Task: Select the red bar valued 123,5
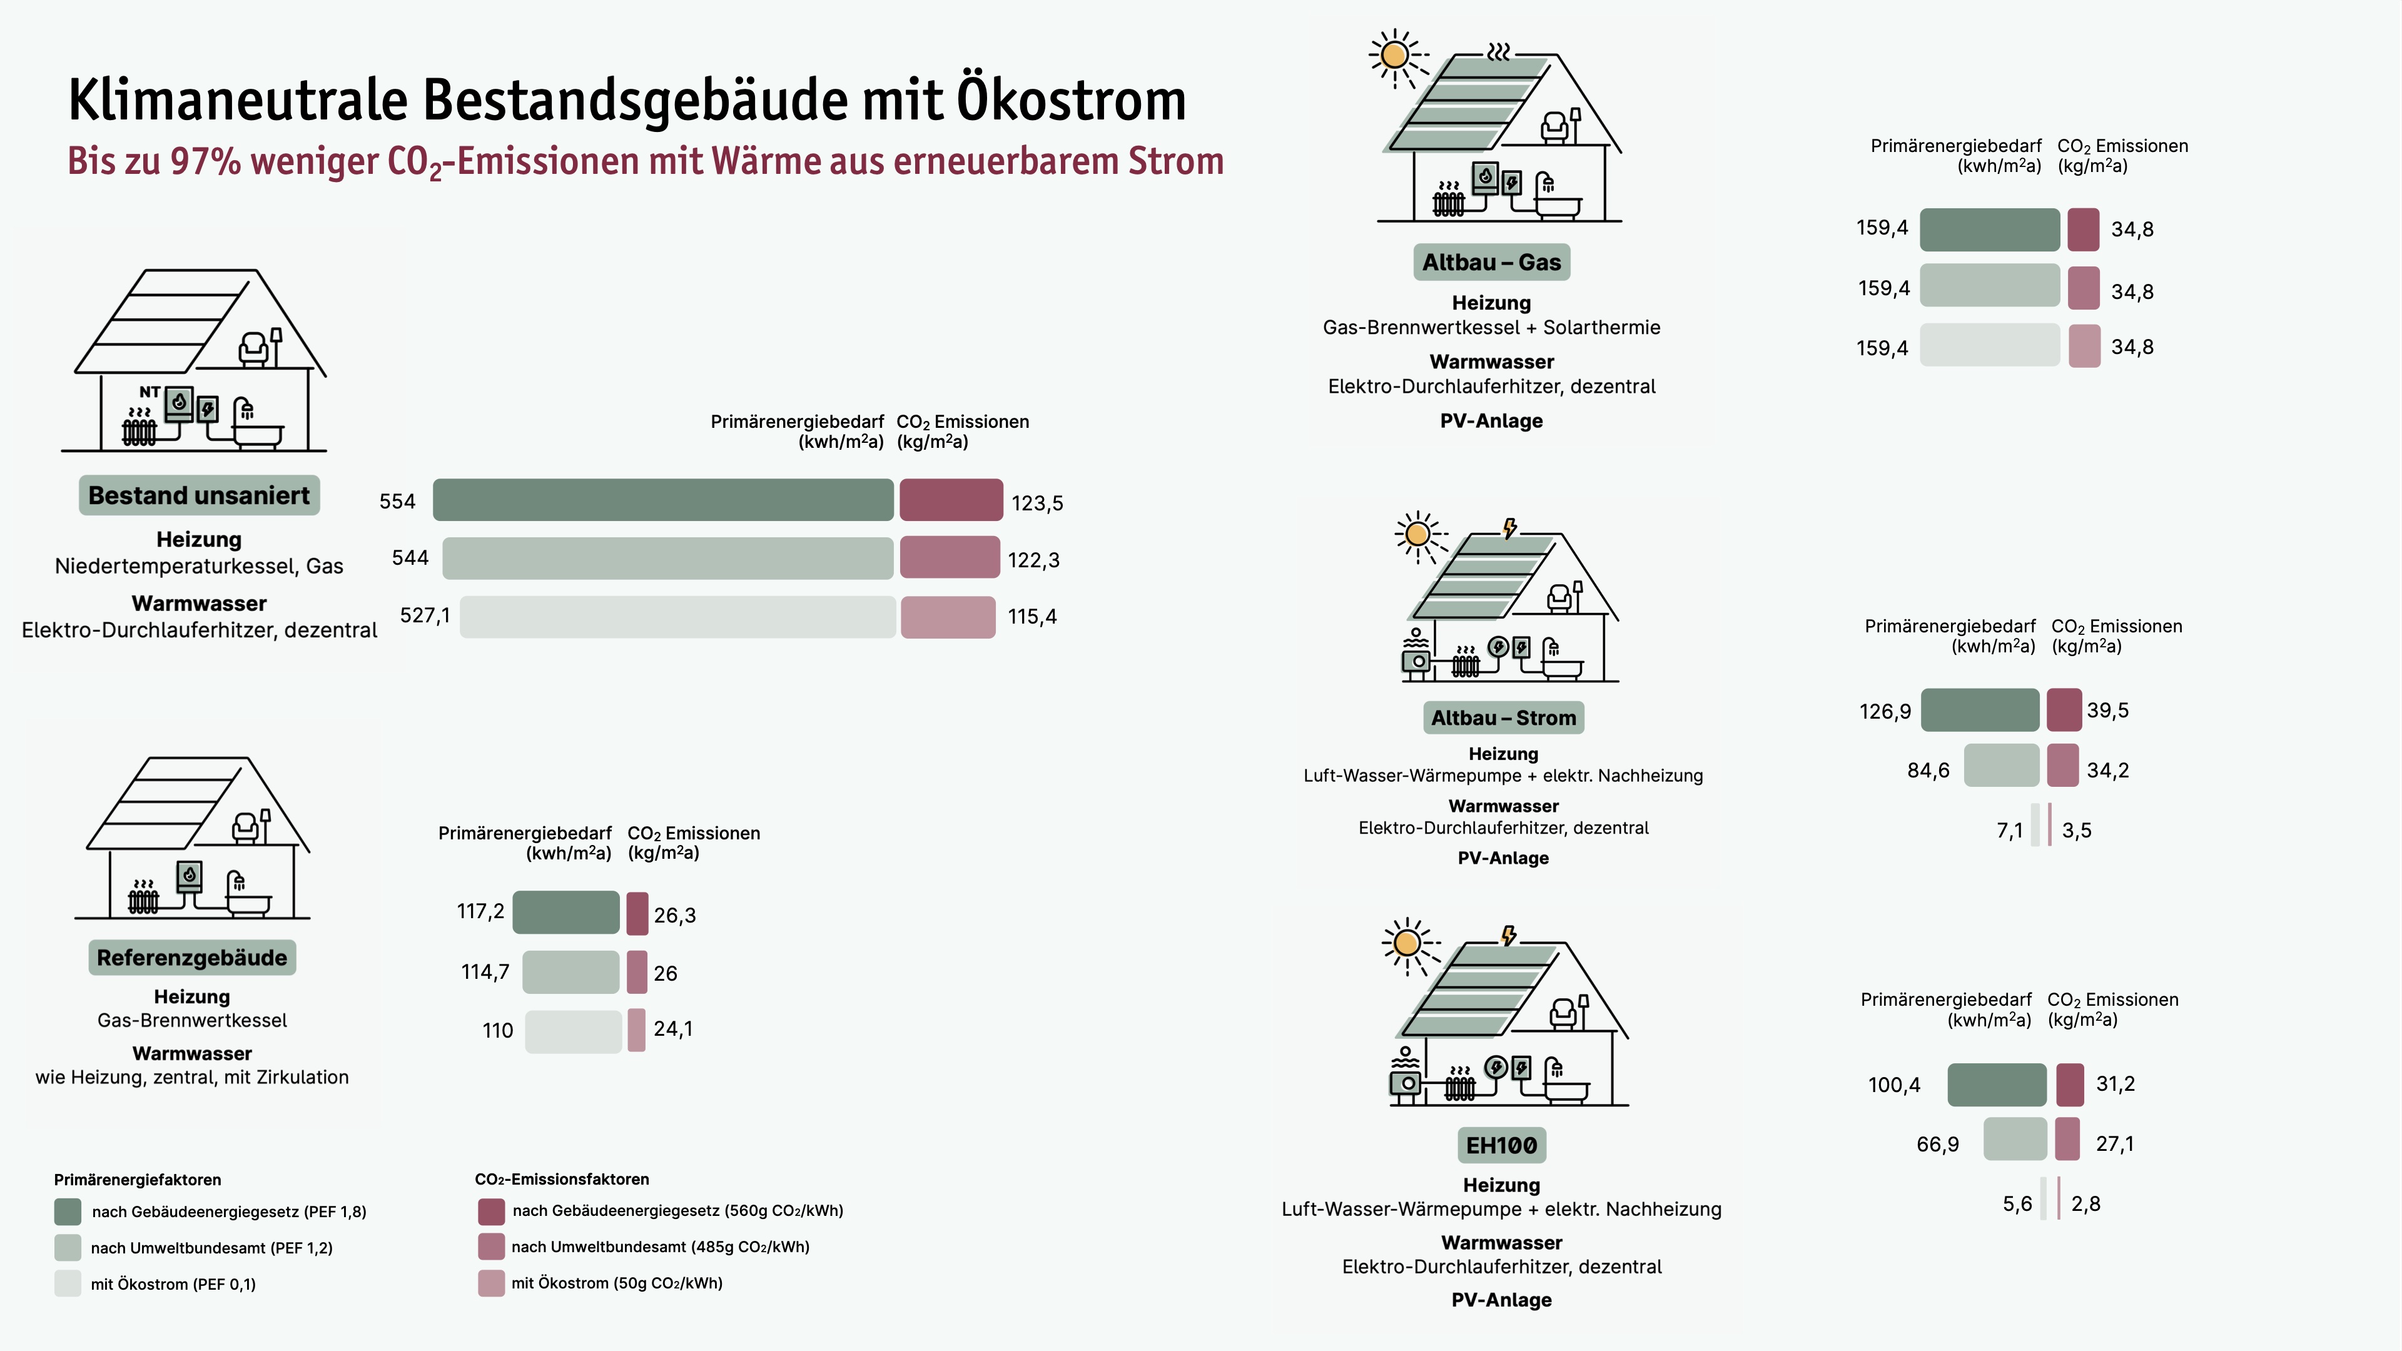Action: pos(951,500)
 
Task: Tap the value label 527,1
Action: pos(424,615)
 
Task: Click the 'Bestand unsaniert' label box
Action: pos(199,495)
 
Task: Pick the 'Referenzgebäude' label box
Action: pos(192,958)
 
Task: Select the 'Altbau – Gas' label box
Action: pos(1491,262)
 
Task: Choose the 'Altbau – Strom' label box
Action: pos(1503,718)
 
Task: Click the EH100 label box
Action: pos(1501,1145)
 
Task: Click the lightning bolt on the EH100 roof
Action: pos(1509,935)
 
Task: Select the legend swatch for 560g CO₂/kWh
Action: pos(492,1211)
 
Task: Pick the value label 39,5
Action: pos(2107,711)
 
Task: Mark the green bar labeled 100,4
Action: pos(1997,1085)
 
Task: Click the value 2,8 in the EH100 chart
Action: pos(2086,1203)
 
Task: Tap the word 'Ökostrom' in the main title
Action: pos(1072,100)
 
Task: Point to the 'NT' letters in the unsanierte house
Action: pos(149,392)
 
